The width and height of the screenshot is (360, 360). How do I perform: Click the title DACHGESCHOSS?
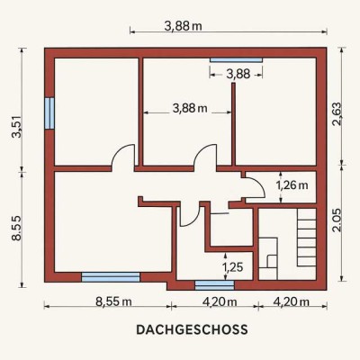tap(179, 330)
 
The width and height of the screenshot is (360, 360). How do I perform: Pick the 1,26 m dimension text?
tap(292, 185)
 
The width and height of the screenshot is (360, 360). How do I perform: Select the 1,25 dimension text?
tap(232, 267)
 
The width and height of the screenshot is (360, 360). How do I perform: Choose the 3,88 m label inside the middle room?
tap(189, 109)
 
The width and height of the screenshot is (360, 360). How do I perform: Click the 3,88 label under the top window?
tap(238, 74)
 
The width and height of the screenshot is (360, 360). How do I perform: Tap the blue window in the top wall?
tap(237, 59)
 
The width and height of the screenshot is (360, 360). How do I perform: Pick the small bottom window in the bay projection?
tap(208, 284)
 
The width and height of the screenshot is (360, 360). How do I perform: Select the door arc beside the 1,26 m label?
tap(255, 186)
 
